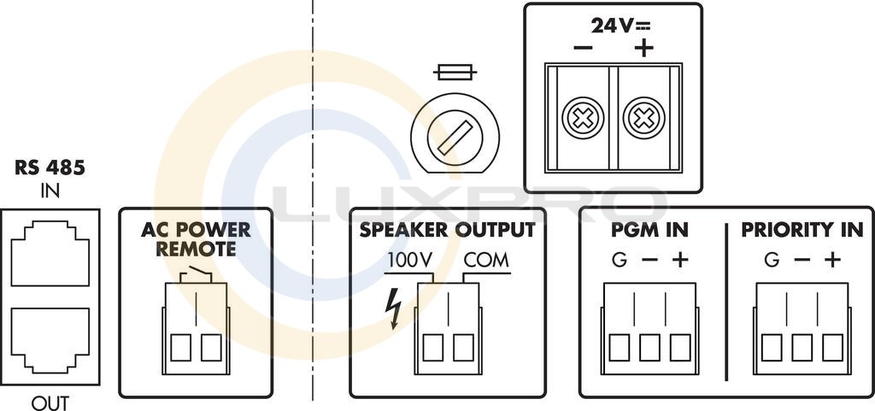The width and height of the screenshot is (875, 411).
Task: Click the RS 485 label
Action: [x=50, y=168]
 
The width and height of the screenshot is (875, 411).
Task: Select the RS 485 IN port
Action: [x=50, y=252]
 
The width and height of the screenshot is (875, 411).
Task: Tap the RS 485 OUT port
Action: [x=50, y=339]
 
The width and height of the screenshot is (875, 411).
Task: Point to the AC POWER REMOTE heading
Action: [x=196, y=239]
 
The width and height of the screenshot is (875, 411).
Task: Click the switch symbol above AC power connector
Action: [x=196, y=273]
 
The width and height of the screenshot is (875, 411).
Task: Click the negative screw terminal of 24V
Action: [x=580, y=120]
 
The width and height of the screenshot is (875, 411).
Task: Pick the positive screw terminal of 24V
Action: [x=643, y=120]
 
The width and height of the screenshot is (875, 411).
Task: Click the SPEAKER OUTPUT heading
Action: [x=447, y=230]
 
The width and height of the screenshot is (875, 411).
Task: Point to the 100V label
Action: [x=411, y=260]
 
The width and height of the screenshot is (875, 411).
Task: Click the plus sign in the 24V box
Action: [x=643, y=48]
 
